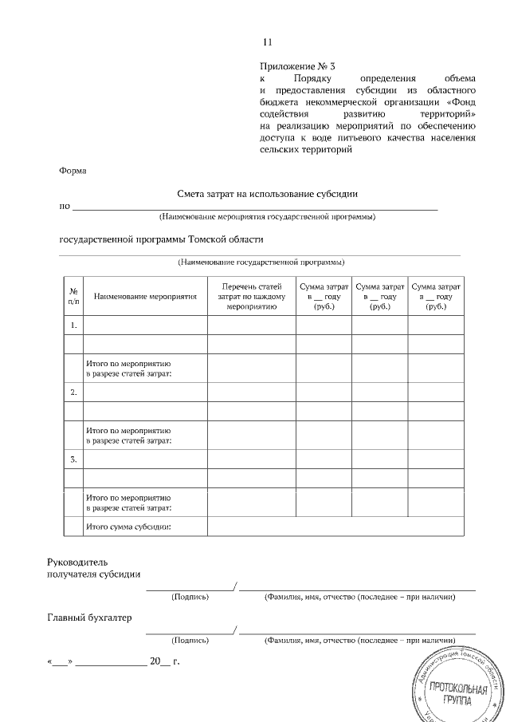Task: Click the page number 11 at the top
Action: (268, 42)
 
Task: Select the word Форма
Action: (73, 171)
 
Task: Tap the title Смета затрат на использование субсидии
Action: (268, 193)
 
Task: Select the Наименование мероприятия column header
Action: (145, 296)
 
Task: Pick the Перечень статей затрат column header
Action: (251, 296)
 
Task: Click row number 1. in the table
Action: (73, 325)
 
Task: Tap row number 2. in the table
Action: (73, 392)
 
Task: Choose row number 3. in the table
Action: (73, 459)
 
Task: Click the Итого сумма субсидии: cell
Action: (128, 527)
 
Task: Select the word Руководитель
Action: (83, 562)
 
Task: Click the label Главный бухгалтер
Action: (88, 617)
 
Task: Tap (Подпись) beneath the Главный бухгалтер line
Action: (190, 639)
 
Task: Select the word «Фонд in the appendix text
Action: (461, 101)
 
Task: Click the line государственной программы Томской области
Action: (161, 239)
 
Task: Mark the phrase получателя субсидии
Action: (94, 574)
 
